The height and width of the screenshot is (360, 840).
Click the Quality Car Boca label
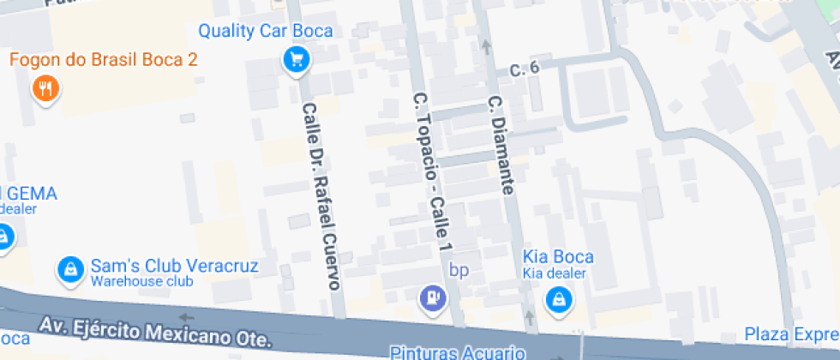265,31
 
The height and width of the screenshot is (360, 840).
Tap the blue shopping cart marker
297,59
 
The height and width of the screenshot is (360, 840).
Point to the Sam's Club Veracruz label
174,266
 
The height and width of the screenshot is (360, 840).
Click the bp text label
460,270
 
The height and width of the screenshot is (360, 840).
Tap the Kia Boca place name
558,257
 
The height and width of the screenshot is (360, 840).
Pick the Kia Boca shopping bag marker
558,298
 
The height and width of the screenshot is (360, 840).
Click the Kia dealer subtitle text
554,273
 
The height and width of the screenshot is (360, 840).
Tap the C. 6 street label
523,68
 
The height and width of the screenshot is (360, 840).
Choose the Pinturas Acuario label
445,351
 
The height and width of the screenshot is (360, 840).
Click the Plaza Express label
791,333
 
